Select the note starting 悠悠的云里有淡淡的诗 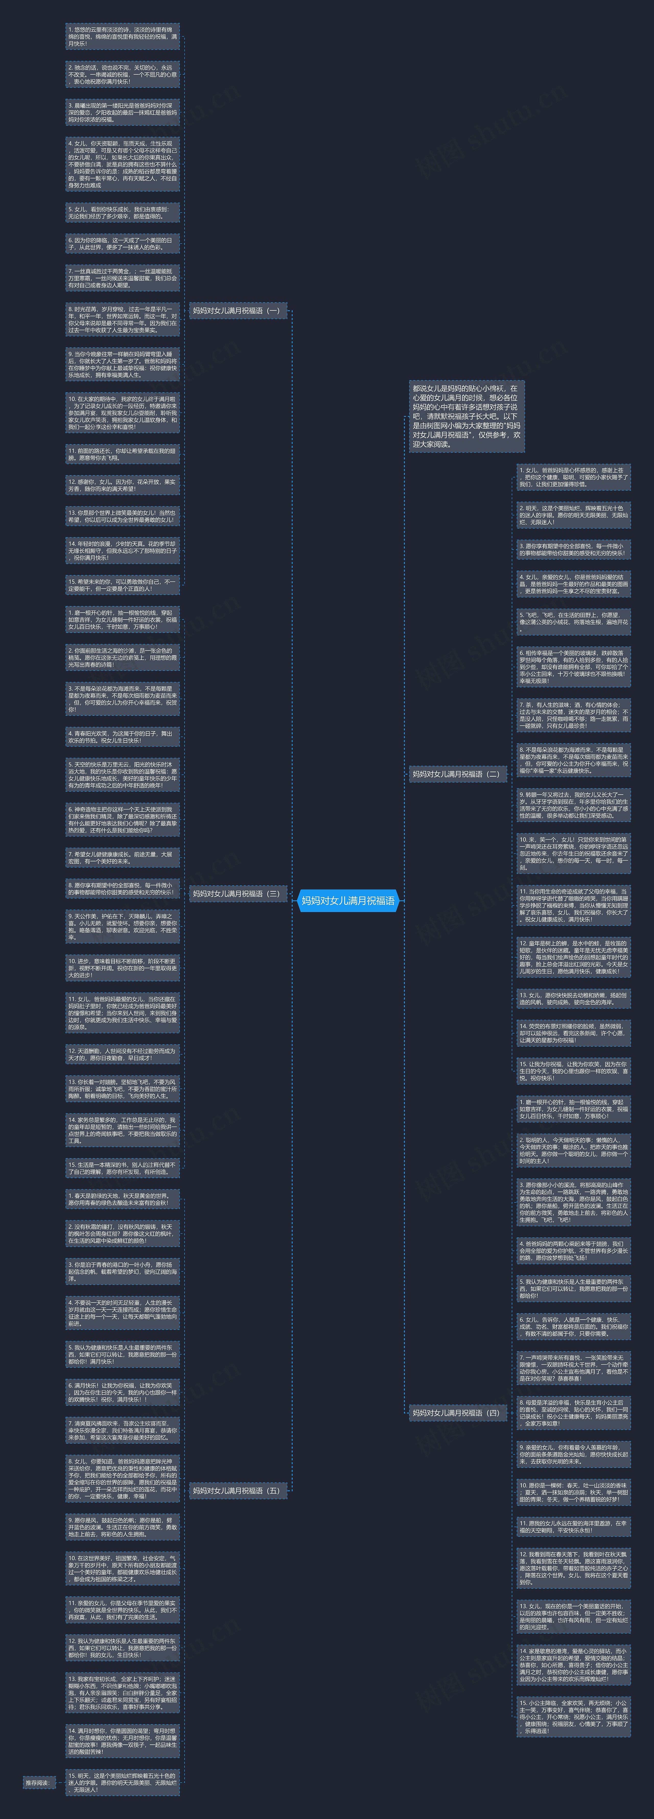pos(123,37)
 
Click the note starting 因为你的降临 pos(123,244)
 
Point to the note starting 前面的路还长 pos(123,454)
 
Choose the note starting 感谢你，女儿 pos(123,485)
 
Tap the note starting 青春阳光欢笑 pos(123,737)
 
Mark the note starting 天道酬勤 pos(123,1054)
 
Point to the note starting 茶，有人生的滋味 pos(574,715)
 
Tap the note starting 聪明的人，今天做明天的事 pos(574,1150)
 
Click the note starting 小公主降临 pos(574,1717)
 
